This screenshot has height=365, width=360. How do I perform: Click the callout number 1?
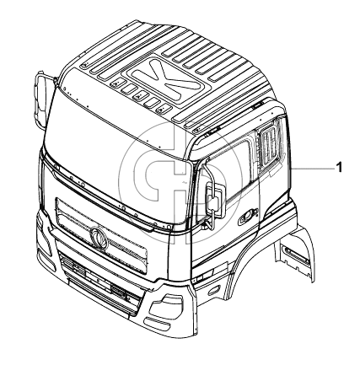(339, 168)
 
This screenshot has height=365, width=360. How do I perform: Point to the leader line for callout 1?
(312, 168)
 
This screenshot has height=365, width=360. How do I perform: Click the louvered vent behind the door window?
(271, 145)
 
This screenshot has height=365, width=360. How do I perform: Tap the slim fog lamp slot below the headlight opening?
(158, 323)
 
